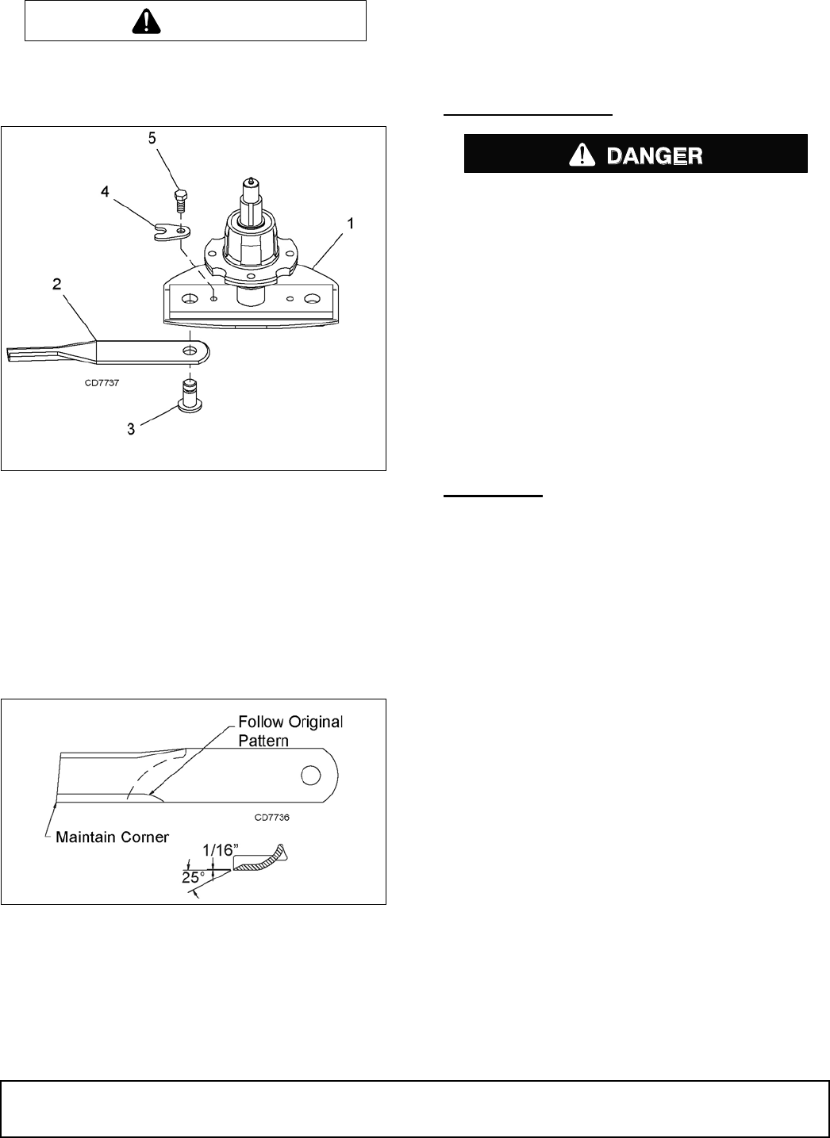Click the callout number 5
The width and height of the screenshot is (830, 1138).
[x=152, y=137]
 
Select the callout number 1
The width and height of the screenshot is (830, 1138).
[x=350, y=224]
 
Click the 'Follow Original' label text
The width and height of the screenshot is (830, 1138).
[x=290, y=722]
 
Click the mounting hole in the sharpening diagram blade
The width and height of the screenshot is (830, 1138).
[x=313, y=772]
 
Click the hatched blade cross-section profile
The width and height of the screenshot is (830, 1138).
[x=262, y=859]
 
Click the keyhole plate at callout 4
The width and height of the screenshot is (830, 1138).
[x=171, y=232]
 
